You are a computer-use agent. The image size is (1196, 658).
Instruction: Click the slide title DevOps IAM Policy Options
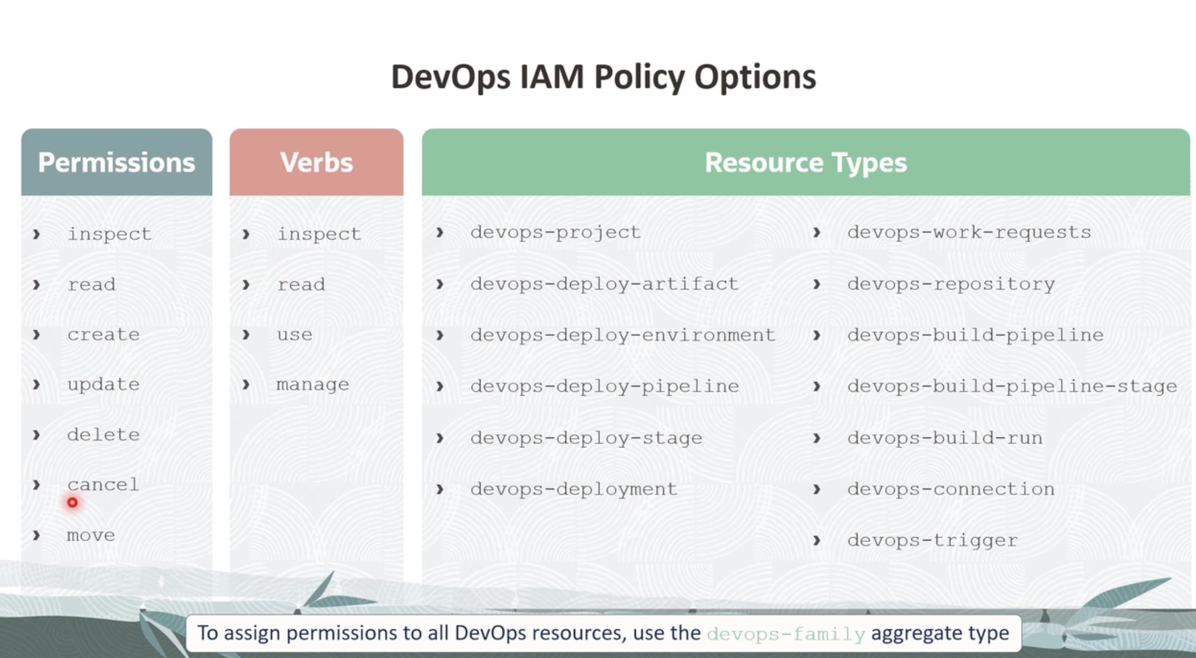click(x=604, y=77)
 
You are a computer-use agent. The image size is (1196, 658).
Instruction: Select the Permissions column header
click(x=116, y=163)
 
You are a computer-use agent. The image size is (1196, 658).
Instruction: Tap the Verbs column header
click(x=316, y=163)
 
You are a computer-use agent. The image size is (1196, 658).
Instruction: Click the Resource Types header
click(x=806, y=163)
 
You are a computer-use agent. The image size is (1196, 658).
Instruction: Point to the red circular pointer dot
click(x=72, y=503)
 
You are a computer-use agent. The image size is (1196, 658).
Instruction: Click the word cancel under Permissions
click(x=103, y=484)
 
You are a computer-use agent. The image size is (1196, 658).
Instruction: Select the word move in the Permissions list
click(x=91, y=536)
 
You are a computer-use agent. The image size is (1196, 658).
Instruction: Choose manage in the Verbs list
click(x=313, y=385)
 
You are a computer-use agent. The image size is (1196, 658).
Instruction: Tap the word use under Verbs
click(x=295, y=335)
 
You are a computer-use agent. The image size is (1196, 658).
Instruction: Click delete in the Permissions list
click(x=103, y=434)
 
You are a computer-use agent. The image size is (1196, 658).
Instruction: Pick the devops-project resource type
click(x=556, y=232)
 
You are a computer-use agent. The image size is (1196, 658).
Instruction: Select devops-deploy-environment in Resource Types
click(x=623, y=335)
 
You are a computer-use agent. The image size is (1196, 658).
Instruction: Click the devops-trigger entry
click(x=933, y=541)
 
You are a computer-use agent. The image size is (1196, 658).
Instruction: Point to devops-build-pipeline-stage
click(x=1012, y=386)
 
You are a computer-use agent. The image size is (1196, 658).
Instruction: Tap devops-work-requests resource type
click(x=969, y=232)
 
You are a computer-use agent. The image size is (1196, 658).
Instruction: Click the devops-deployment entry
click(x=574, y=489)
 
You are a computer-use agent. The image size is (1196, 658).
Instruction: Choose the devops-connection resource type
click(x=951, y=489)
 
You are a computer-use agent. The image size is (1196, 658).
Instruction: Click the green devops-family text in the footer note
click(x=786, y=634)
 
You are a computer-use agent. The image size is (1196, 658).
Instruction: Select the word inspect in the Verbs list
click(x=319, y=234)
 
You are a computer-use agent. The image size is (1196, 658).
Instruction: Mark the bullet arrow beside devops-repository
click(x=817, y=284)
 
